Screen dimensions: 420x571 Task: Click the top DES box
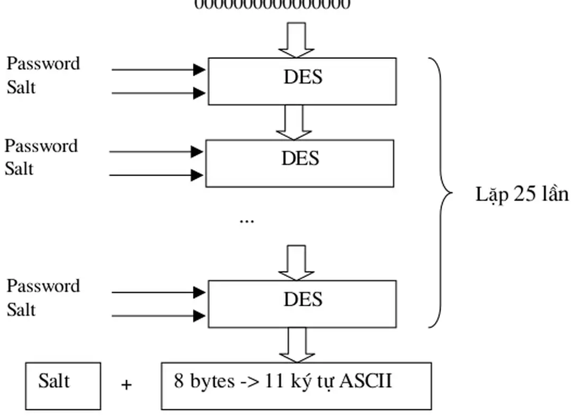coord(302,81)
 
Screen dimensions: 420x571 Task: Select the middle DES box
coord(300,163)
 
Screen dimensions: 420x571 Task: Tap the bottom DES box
coord(302,304)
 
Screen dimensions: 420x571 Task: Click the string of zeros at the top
coord(273,5)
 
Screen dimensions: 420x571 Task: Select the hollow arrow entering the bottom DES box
coord(296,262)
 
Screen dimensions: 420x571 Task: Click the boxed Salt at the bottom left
coord(63,386)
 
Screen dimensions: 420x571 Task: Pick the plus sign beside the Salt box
coord(126,386)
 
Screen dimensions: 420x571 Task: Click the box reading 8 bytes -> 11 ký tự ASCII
coord(296,386)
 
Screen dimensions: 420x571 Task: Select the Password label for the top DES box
coord(43,63)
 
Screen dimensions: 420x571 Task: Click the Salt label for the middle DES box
coord(19,169)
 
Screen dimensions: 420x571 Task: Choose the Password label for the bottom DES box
coord(43,286)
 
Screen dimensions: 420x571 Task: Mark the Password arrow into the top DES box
coord(159,69)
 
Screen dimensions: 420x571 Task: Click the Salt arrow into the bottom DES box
coord(159,316)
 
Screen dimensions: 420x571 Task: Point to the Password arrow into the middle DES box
coord(156,152)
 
